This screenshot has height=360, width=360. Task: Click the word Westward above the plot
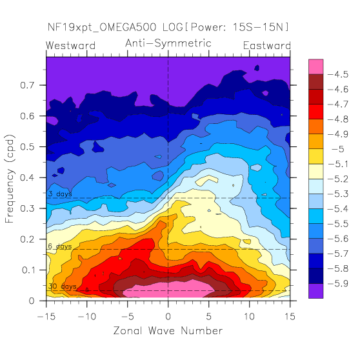coord(70,45)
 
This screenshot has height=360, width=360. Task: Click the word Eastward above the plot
coord(267,45)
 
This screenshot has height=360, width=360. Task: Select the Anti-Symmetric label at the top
coord(168,43)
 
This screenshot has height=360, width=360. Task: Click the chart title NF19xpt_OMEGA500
coord(102,27)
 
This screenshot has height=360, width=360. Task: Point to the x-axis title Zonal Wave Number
coord(168,330)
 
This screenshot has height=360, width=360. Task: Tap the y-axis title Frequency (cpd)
coord(10,179)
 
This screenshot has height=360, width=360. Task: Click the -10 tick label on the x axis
coord(87,317)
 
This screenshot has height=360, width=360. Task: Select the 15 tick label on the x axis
coord(290,317)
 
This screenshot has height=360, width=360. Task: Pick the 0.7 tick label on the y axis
coord(27,85)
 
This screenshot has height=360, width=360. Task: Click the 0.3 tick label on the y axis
coord(27,208)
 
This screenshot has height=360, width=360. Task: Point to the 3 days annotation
coord(60,194)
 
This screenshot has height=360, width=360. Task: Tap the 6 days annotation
coord(60,246)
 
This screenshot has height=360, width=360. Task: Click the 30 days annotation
coord(62,286)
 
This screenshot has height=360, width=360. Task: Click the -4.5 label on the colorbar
coord(338,74)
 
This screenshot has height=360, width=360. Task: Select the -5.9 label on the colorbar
coord(338,284)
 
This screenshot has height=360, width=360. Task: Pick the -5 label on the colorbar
coord(338,149)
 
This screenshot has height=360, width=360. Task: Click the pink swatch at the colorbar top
coord(315,66)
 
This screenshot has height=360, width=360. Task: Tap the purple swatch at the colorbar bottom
coord(315,291)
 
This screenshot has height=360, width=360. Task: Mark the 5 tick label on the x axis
coord(208,317)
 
